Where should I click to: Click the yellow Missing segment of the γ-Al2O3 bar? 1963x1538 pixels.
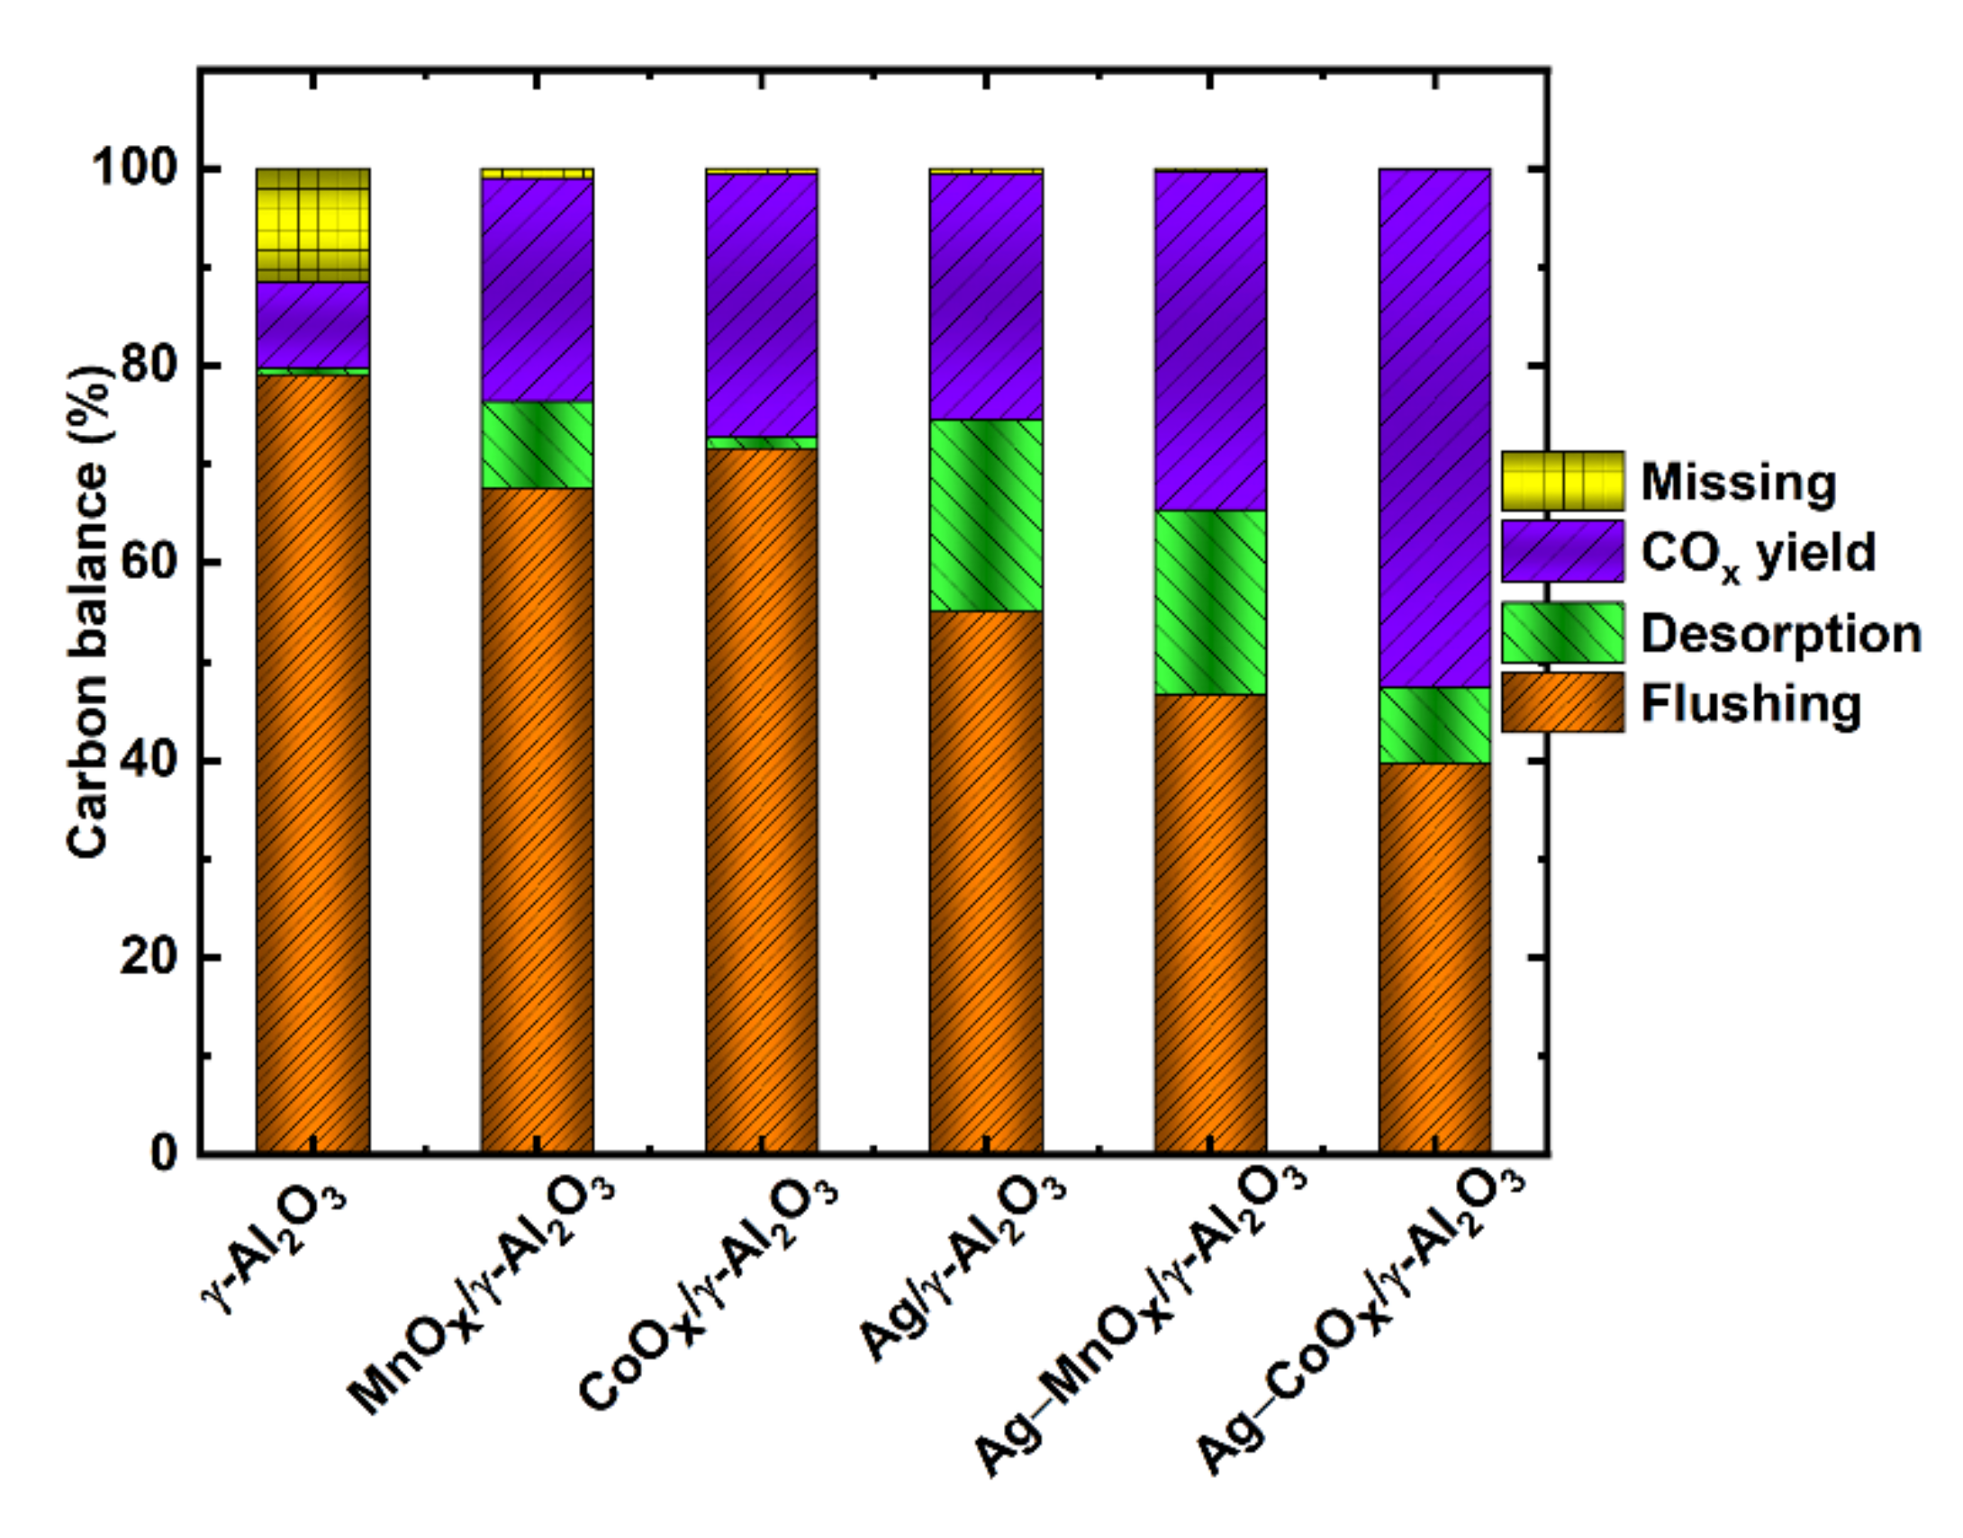coord(312,225)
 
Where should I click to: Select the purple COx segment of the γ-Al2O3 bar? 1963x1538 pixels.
coord(312,325)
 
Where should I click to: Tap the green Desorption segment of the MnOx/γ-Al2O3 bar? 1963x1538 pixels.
coord(537,444)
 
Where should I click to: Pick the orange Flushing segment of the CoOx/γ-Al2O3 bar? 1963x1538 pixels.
coord(762,801)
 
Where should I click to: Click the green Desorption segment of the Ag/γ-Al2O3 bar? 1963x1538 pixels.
coord(986,515)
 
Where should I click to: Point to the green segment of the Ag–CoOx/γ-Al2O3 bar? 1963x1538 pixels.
coord(1434,725)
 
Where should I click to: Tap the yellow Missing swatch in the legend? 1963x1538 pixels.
coord(1562,481)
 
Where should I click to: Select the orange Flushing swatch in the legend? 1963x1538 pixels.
coord(1562,702)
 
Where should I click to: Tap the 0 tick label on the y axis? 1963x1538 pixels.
coord(163,1153)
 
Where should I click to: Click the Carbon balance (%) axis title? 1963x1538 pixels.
coord(87,612)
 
